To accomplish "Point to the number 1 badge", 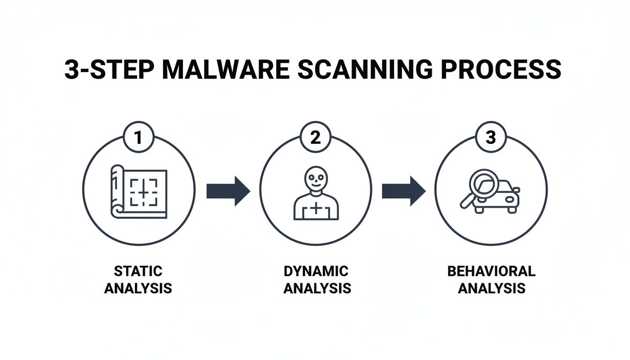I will tap(138, 138).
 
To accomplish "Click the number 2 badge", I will tap(315, 138).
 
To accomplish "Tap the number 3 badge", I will tap(490, 138).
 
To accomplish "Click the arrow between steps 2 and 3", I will tap(404, 191).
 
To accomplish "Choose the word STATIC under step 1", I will tap(138, 271).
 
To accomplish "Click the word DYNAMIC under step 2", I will tap(316, 271).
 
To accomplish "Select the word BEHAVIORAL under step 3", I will tap(491, 271).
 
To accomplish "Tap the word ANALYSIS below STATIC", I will tap(138, 288).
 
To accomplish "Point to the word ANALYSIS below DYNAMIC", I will tap(317, 288).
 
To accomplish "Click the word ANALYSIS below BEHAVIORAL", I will tap(491, 288).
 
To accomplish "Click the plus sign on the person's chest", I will tap(316, 209).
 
